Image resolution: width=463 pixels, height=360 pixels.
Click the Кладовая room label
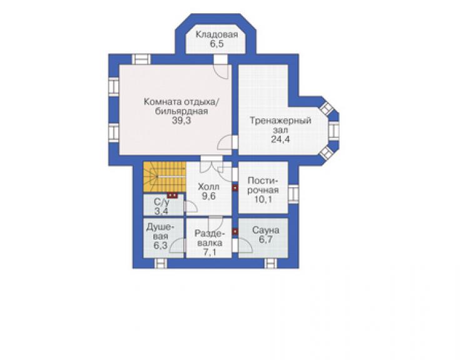pos(216,34)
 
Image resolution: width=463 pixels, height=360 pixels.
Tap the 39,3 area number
pos(181,121)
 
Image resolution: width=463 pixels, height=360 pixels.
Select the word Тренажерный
pos(280,121)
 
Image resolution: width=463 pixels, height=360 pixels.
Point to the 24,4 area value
pos(280,139)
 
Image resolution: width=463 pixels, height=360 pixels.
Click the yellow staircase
pos(164,177)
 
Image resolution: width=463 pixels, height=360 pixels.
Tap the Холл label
pos(208,187)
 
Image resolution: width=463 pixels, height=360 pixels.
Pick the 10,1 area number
pos(263,199)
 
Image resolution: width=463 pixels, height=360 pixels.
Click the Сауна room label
pos(266,230)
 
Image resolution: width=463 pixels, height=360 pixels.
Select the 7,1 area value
pos(210,252)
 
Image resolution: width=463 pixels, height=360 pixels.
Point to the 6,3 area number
pos(160,245)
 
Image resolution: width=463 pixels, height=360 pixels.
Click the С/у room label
pos(162,202)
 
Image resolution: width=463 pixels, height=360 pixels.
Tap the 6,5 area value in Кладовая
pos(216,44)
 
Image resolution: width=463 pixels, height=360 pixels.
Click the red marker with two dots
pos(173,196)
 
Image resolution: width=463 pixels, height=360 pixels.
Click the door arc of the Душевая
pos(176,245)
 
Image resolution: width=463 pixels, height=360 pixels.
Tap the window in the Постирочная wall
pos(293,194)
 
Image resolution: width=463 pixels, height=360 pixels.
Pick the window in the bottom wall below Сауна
pos(270,263)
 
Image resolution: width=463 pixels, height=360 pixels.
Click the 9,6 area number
pos(209,196)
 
